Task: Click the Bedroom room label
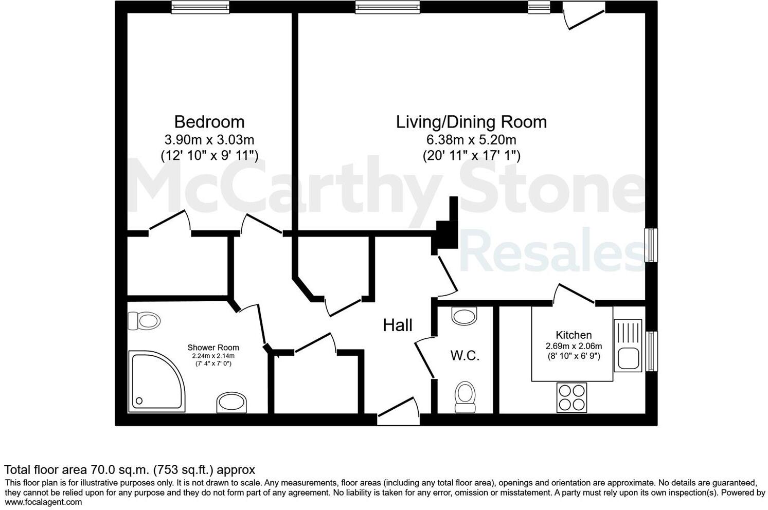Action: pos(209,122)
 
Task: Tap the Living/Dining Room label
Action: pos(471,122)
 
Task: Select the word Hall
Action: pos(398,325)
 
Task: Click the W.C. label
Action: pos(465,355)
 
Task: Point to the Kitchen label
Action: pos(574,335)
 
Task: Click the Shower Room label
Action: pos(213,348)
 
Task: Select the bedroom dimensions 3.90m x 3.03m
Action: pos(209,139)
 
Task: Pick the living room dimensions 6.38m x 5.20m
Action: pos(471,139)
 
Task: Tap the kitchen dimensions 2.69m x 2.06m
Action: pos(574,346)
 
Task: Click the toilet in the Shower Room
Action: pos(144,321)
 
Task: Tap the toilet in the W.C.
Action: pos(466,396)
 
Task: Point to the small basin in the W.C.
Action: pos(465,316)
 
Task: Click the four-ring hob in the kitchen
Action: pos(571,397)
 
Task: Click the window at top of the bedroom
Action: pos(200,7)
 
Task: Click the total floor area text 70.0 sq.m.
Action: pos(130,469)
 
